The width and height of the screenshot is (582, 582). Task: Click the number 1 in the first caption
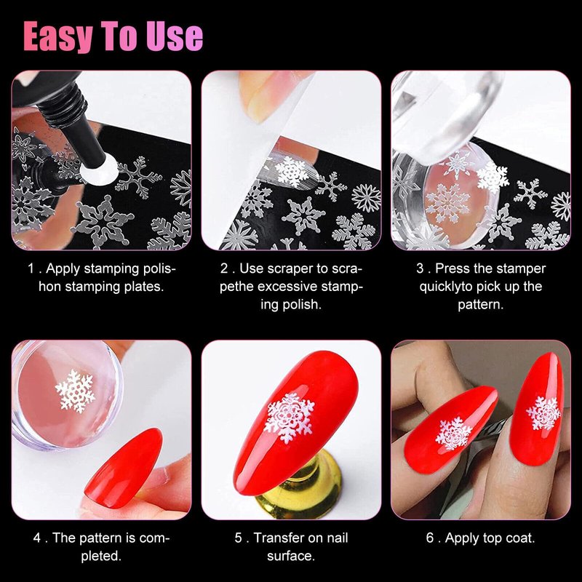click(31, 268)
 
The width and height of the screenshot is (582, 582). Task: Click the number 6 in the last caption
click(430, 538)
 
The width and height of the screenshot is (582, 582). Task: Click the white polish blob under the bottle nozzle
click(99, 170)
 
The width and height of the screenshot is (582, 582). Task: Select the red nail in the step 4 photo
click(124, 467)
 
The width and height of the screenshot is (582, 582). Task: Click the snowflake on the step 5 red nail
click(290, 418)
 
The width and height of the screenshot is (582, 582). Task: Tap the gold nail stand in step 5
click(300, 489)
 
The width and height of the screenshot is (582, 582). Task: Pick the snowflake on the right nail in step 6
click(543, 412)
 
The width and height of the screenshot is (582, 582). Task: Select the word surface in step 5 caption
click(291, 556)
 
